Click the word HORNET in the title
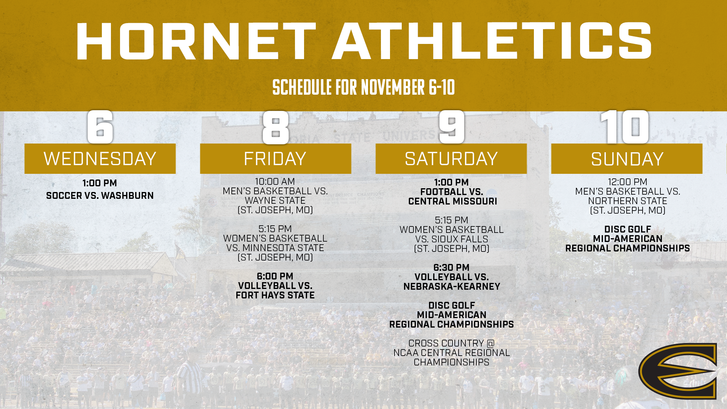196,41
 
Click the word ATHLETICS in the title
491,41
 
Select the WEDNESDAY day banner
100,159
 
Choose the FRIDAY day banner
275,159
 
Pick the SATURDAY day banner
451,159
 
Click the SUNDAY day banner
627,159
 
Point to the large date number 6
100,127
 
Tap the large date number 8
276,127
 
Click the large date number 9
451,127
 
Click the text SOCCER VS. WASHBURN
100,196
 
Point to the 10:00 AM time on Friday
275,182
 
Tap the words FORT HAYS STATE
275,295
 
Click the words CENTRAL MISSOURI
452,201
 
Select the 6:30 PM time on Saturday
451,268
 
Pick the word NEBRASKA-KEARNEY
452,287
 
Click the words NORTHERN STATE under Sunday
627,201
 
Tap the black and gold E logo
678,371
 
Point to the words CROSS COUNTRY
446,343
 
